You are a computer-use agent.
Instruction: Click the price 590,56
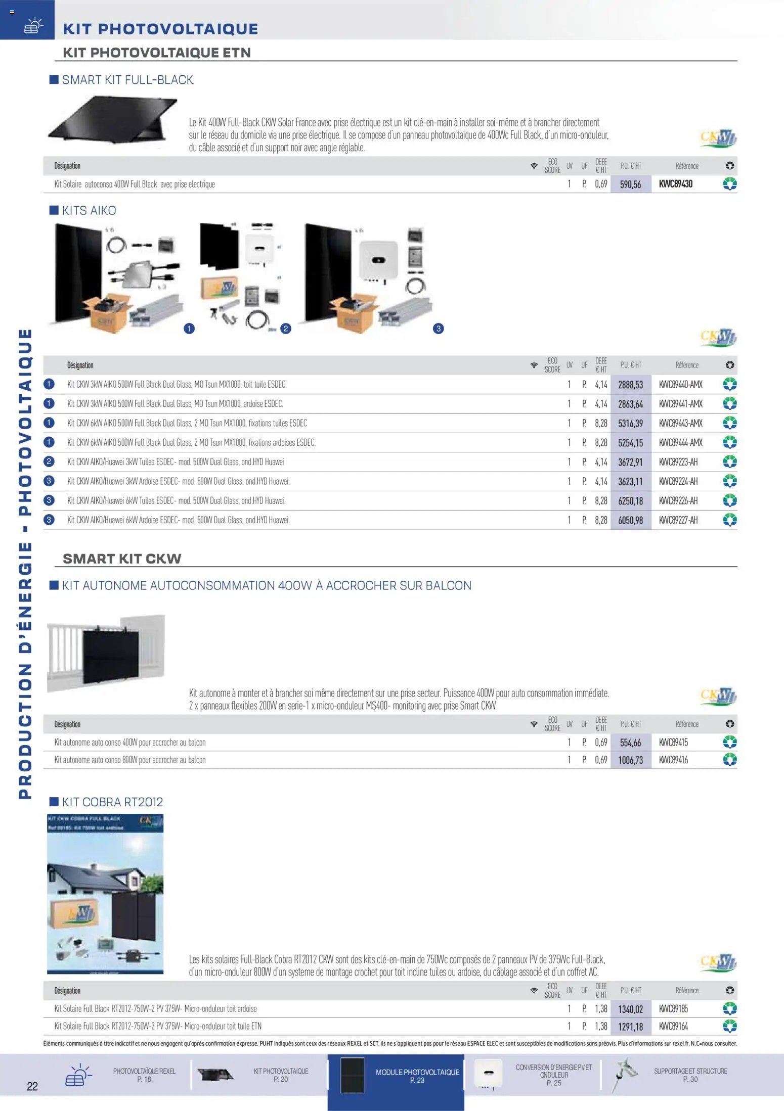tap(630, 184)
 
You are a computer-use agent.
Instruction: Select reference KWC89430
tap(676, 184)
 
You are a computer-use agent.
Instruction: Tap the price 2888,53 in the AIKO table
tap(630, 385)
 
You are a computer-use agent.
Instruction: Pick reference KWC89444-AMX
tap(681, 443)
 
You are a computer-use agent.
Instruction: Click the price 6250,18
tap(630, 501)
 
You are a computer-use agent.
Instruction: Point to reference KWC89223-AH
tap(678, 462)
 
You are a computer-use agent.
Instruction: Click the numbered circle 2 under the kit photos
tap(286, 329)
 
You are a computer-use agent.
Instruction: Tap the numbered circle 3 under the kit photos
tap(439, 329)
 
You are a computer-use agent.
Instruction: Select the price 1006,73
tap(630, 760)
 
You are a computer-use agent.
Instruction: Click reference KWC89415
tap(673, 743)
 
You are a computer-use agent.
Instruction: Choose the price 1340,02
tap(630, 1009)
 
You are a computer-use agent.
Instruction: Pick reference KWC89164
tap(673, 1027)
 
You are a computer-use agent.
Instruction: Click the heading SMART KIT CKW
tap(122, 559)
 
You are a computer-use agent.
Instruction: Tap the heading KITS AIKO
tap(89, 211)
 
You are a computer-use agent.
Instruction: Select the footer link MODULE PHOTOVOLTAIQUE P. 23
tap(417, 1076)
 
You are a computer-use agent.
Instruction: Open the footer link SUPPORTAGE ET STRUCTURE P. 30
tap(690, 1075)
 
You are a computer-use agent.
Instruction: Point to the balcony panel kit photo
tap(106, 653)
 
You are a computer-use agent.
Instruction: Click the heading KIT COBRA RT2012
tap(112, 802)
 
